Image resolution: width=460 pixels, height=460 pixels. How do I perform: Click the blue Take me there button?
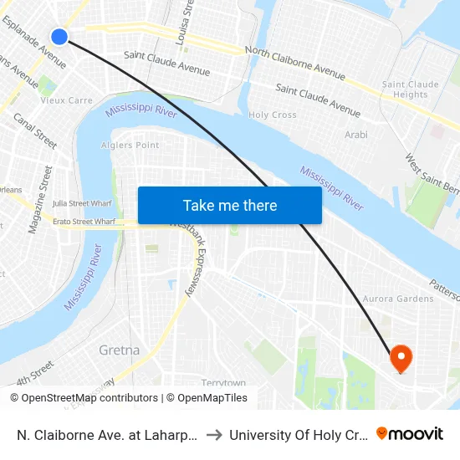tap(229, 205)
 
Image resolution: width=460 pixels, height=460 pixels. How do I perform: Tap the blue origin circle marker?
tap(59, 36)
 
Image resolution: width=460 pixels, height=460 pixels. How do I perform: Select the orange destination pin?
tap(401, 359)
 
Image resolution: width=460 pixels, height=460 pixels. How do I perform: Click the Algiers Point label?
tap(130, 146)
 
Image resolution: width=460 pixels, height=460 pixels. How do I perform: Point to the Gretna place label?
tap(119, 350)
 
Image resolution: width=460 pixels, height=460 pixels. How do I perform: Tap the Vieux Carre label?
tap(67, 100)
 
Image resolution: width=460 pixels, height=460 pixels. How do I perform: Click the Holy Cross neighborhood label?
tap(272, 115)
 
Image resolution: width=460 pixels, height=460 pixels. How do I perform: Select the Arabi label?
tap(355, 134)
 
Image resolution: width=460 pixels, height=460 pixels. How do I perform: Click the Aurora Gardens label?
tap(398, 299)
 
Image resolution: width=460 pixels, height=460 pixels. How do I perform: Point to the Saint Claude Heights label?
tap(411, 89)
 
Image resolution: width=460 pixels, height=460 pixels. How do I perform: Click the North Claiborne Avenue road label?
tap(294, 64)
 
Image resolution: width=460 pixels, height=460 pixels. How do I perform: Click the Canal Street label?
tap(35, 132)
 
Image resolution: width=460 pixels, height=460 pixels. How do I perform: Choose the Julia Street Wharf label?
tap(82, 202)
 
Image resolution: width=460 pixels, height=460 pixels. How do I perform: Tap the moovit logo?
tap(410, 433)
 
